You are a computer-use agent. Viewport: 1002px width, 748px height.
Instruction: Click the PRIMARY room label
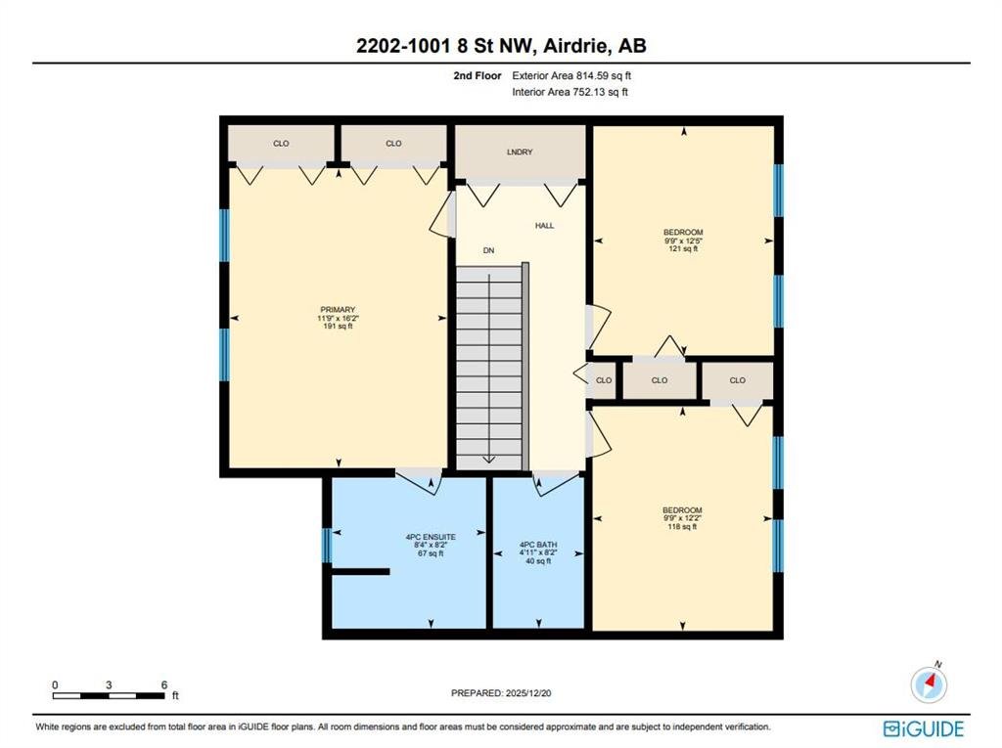338,310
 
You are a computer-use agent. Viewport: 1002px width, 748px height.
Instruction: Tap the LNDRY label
520,152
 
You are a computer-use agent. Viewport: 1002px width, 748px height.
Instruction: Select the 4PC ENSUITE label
431,537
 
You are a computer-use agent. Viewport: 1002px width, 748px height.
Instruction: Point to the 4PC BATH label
538,545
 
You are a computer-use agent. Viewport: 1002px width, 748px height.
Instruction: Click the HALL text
544,226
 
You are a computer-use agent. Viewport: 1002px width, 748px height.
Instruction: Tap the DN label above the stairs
489,250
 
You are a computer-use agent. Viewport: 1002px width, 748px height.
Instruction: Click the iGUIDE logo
924,728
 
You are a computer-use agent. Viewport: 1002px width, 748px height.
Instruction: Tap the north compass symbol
929,682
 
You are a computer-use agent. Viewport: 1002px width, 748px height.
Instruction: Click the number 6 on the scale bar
164,684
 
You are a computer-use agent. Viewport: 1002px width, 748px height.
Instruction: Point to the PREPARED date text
501,693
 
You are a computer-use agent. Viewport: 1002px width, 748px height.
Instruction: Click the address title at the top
501,45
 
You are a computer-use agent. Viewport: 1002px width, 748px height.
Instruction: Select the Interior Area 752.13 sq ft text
570,92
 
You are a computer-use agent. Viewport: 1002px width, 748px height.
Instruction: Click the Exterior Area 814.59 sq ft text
571,75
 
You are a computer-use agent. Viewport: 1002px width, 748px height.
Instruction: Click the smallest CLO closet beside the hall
603,380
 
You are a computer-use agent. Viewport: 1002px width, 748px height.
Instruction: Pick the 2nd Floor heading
478,75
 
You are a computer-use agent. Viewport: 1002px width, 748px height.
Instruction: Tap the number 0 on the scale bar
55,684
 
